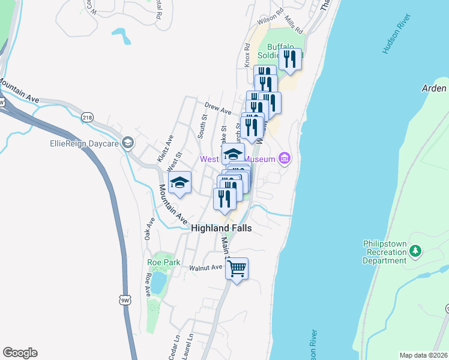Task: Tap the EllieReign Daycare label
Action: tap(85, 143)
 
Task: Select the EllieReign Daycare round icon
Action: tap(127, 143)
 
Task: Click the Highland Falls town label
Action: tap(221, 229)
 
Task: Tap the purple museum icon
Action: tap(285, 159)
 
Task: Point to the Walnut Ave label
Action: tap(206, 268)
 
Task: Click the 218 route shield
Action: tap(88, 117)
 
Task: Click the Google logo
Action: tap(20, 353)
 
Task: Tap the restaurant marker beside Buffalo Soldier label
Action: tap(290, 59)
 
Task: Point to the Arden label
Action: tap(435, 88)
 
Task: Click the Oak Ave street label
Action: tap(150, 228)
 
